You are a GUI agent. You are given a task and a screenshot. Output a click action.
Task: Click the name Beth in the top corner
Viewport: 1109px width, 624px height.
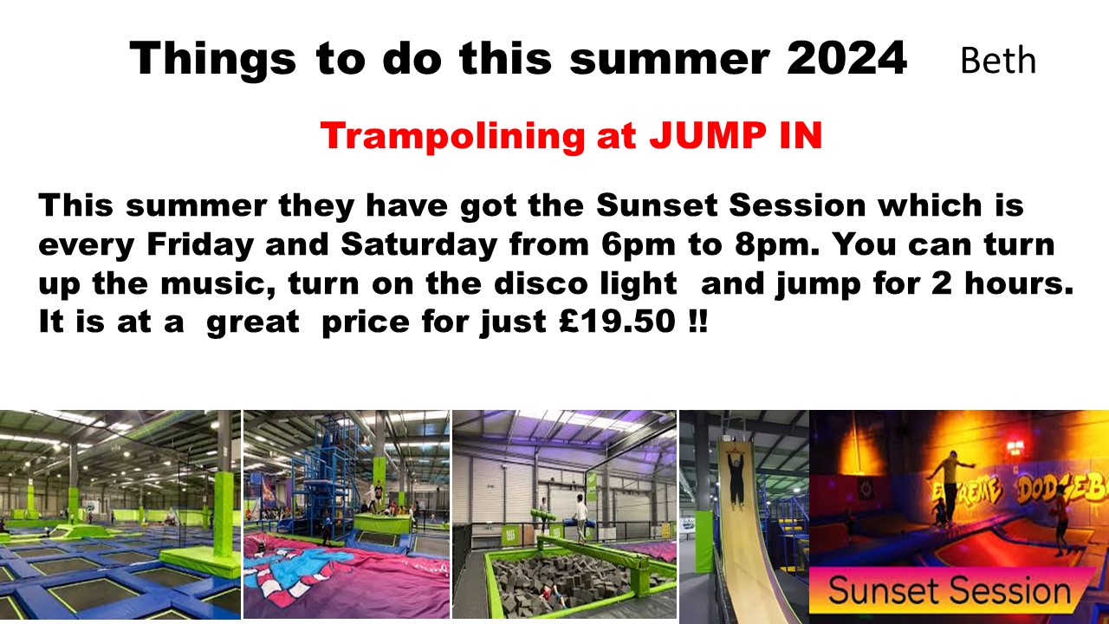998,61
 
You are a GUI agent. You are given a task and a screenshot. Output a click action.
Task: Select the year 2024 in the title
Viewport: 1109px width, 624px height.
847,58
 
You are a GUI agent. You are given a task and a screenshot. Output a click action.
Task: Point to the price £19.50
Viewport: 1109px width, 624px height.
618,321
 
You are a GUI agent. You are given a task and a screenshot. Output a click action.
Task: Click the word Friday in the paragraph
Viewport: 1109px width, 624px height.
200,244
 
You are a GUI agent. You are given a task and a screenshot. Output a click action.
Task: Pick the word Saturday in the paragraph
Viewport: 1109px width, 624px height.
418,244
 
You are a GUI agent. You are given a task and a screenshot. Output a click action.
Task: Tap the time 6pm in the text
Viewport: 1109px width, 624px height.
639,244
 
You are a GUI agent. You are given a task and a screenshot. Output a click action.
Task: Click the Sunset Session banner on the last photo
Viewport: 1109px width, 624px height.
950,590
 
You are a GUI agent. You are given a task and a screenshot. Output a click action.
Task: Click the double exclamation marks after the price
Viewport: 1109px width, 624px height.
698,321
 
